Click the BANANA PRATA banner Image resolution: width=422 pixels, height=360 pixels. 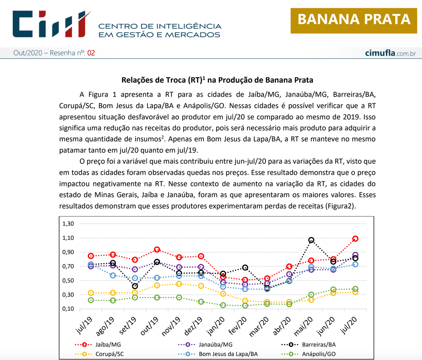coord(354,19)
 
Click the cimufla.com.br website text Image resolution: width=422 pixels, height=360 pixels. coord(390,53)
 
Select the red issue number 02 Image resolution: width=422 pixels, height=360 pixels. coord(91,53)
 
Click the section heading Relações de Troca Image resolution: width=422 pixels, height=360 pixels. coord(217,80)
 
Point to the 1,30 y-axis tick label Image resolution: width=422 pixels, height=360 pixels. coord(68,224)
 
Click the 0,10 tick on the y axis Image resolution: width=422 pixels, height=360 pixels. coord(68,309)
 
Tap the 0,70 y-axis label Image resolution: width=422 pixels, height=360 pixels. coord(68,266)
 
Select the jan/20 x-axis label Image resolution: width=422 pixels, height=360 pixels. coord(215,326)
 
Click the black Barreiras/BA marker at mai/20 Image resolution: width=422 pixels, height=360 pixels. coord(311,240)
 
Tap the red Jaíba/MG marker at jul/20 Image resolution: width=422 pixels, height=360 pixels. coord(355,239)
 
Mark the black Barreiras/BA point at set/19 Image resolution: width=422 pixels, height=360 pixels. coord(135,286)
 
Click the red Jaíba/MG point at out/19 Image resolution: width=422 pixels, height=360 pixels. coord(157,249)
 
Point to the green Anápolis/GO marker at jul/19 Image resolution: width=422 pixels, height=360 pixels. coord(91,300)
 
